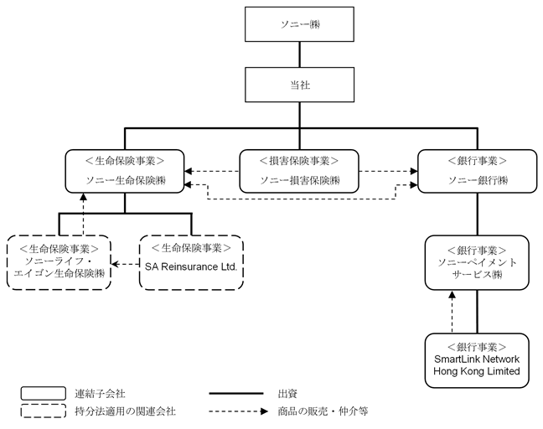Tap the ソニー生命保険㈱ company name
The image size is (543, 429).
click(x=126, y=180)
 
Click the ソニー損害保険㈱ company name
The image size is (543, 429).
click(x=299, y=180)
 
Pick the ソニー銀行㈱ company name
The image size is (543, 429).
click(x=478, y=180)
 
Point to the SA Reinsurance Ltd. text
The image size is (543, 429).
click(x=191, y=267)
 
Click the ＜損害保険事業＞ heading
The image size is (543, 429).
click(x=299, y=161)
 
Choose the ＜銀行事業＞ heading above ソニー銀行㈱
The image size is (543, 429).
click(x=478, y=161)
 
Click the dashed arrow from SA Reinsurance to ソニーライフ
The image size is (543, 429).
click(x=126, y=264)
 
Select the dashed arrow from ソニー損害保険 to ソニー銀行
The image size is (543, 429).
click(x=388, y=171)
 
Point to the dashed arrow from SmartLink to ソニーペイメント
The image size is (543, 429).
click(x=452, y=312)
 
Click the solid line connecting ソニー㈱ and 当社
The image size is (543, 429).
click(x=299, y=54)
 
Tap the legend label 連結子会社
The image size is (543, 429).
click(x=100, y=394)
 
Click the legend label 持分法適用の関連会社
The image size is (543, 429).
click(x=125, y=411)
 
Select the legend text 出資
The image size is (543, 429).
click(x=287, y=394)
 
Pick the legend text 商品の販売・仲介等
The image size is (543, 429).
click(x=323, y=411)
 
